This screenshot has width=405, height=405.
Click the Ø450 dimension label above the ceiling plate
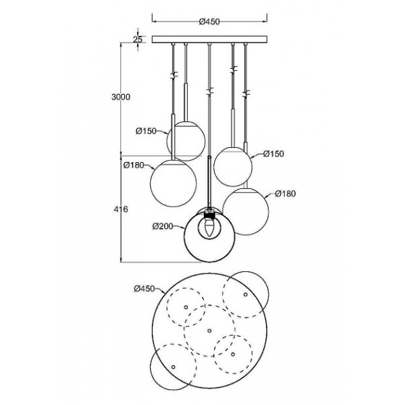(209, 22)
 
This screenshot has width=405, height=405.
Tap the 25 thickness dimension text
(138, 40)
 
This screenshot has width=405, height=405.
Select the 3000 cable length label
(121, 97)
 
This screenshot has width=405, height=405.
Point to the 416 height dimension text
(121, 209)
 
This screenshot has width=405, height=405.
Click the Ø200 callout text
(163, 227)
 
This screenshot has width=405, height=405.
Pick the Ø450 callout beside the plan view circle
(144, 289)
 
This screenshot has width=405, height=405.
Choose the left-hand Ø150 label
(146, 131)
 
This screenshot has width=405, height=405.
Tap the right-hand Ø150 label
(273, 154)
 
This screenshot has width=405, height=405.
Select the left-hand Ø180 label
(134, 165)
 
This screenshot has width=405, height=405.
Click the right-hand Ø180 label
(286, 194)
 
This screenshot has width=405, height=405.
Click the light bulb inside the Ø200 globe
(209, 227)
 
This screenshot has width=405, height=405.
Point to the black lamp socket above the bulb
(209, 215)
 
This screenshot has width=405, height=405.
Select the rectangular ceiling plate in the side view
(209, 40)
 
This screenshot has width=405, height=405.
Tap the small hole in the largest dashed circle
(209, 331)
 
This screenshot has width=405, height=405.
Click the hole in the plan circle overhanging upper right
(246, 294)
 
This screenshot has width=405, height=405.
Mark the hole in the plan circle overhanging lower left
(173, 367)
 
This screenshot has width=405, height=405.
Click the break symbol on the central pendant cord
(210, 92)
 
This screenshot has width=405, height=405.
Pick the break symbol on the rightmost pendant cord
(246, 94)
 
